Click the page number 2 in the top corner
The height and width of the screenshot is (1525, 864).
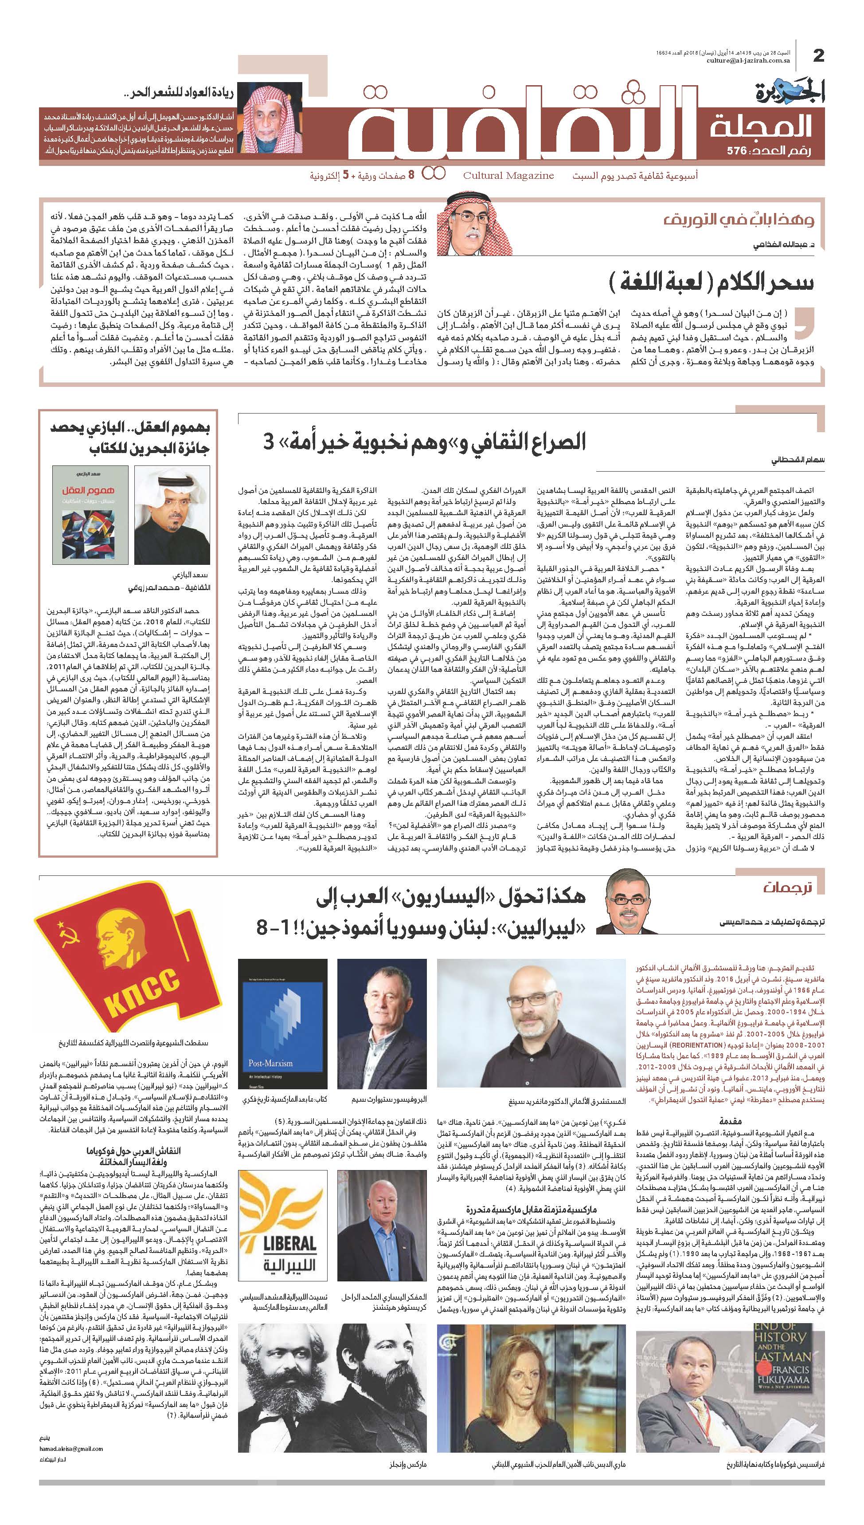pyautogui.click(x=818, y=56)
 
